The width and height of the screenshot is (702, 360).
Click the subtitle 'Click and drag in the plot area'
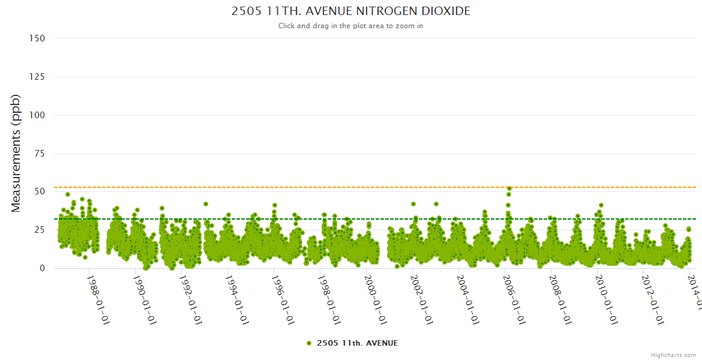351,26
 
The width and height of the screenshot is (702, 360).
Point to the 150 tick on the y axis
37,38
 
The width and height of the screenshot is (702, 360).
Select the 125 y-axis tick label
37,77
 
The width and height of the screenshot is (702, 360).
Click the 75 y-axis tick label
39,154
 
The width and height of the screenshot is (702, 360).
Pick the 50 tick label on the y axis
39,192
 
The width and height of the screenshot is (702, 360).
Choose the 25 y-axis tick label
39,230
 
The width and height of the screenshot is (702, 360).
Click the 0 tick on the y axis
42,269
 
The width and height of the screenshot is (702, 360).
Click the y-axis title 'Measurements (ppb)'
16,153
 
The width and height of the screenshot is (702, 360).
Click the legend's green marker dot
309,343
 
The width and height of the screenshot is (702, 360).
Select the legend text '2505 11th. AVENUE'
357,343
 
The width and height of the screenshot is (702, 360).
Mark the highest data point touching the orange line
509,188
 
